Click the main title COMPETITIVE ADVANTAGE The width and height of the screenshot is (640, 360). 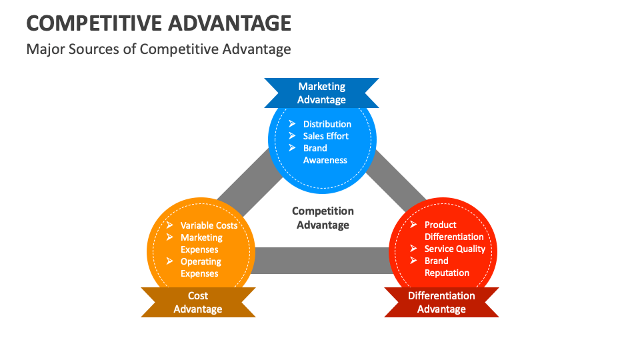click(x=159, y=23)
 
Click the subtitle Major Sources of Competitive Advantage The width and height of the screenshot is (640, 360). click(x=159, y=49)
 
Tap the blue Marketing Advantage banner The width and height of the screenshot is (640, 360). click(x=322, y=93)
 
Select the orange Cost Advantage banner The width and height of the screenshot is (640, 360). click(x=198, y=302)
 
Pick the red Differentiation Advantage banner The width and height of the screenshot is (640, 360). click(x=441, y=302)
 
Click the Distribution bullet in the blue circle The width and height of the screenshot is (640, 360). click(x=327, y=124)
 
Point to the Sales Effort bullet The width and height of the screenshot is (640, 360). click(x=325, y=136)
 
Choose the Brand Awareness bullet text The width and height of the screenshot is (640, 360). click(x=325, y=154)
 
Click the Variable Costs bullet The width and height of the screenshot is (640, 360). click(x=209, y=225)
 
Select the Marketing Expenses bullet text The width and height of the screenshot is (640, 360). click(x=201, y=243)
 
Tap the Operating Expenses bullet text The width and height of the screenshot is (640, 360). click(x=201, y=267)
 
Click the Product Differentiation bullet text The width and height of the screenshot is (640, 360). click(x=454, y=231)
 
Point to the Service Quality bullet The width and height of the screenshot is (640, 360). click(x=455, y=249)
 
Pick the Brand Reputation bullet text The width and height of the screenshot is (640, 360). click(x=447, y=267)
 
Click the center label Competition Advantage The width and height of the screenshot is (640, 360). click(x=323, y=218)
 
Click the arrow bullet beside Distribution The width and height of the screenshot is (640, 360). click(x=292, y=124)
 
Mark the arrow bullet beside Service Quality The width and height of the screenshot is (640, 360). click(x=413, y=249)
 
